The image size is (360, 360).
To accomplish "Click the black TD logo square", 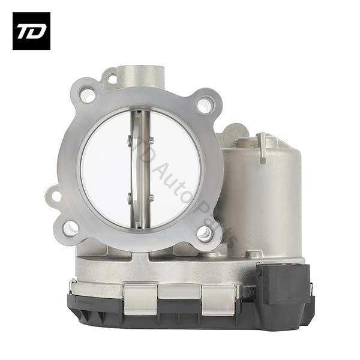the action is [x=31, y=31].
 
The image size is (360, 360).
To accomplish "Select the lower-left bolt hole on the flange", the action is [x=70, y=229].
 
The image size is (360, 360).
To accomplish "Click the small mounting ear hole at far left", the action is [x=56, y=196].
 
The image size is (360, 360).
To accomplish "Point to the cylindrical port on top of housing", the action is [x=141, y=76].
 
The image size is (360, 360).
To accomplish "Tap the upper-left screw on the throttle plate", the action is [x=129, y=139].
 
